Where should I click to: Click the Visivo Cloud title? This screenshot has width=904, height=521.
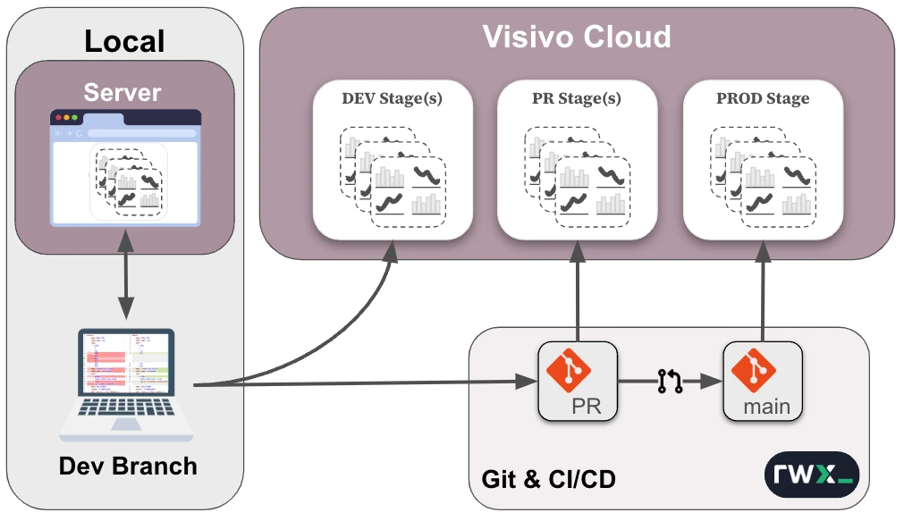577,37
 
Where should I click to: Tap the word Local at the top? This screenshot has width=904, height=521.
124,40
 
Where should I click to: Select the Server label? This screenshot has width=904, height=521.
123,92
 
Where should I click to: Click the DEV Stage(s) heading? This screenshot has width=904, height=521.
392,99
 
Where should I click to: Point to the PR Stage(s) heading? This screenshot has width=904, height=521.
577,99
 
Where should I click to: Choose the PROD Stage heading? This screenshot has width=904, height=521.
763,99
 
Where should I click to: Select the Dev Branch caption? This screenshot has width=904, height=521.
128,466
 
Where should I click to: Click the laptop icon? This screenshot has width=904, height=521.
127,385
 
